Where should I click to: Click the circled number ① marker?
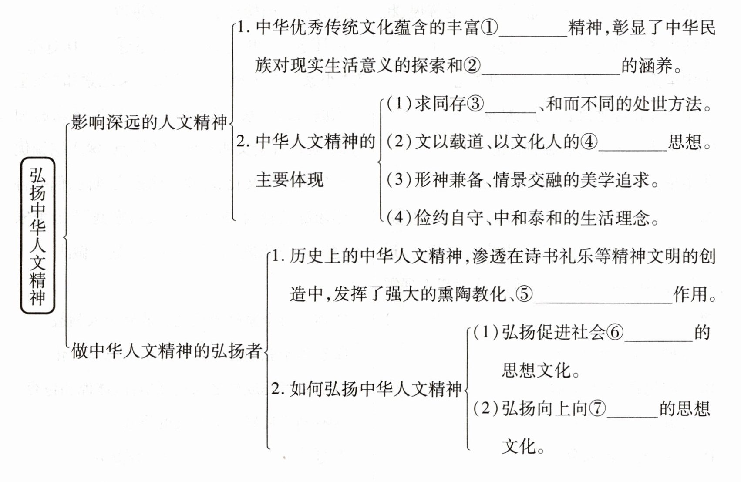pos(489,27)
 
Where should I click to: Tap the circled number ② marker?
pos(472,65)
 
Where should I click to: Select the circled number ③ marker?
pos(475,104)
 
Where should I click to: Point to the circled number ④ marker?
pos(589,142)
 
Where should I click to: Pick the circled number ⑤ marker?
pos(524,294)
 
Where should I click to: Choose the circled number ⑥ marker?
pos(615,332)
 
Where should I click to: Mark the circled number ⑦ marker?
pos(597,408)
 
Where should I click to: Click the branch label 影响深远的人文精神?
pos(149,122)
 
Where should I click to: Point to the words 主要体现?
pos(290,180)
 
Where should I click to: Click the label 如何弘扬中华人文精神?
pos(376,389)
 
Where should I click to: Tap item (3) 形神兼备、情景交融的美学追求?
pos(523,180)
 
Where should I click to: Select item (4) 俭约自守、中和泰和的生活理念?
pos(523,218)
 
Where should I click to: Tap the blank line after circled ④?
pos(633,151)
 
